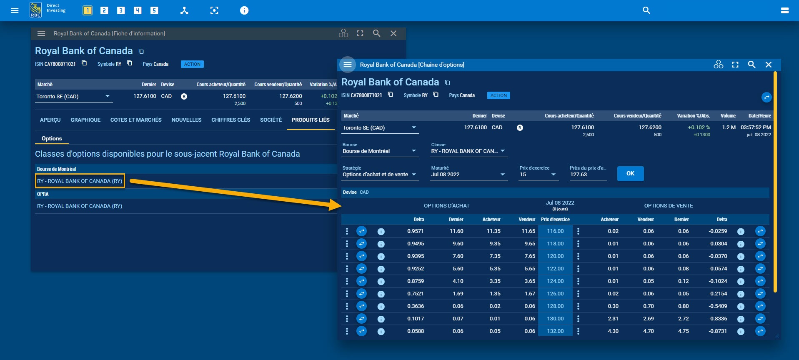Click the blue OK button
pos(630,173)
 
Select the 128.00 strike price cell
pos(555,306)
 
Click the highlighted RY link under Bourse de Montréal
pos(80,181)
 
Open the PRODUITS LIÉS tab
pos(310,120)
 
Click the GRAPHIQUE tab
pos(85,120)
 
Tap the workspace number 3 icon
pos(121,10)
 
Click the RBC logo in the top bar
pos(36,10)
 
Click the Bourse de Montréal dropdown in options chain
pos(379,151)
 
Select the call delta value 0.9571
pos(415,231)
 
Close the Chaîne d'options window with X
pos(768,65)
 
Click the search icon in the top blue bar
pos(646,10)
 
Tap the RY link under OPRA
pos(80,206)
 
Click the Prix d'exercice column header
pos(555,219)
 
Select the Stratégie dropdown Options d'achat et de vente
pos(379,175)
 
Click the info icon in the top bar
pos(244,10)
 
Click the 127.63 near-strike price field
pos(588,175)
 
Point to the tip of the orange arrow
pos(341,205)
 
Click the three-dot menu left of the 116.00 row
pos(347,231)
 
